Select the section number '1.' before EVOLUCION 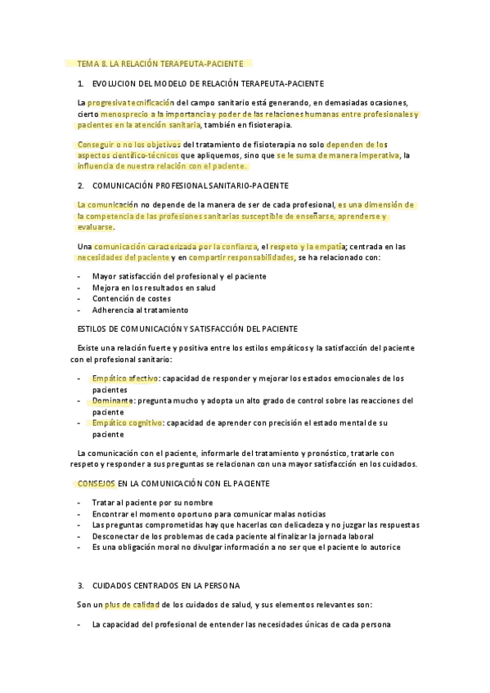pyautogui.click(x=80, y=83)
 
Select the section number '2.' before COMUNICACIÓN pyautogui.click(x=80, y=186)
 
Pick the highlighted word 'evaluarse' pyautogui.click(x=95, y=227)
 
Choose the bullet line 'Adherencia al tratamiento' pyautogui.click(x=140, y=310)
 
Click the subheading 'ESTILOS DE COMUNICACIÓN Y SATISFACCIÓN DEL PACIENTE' pyautogui.click(x=187, y=329)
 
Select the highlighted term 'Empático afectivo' pyautogui.click(x=124, y=378)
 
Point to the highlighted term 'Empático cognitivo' pyautogui.click(x=127, y=423)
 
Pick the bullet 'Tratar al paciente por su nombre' pyautogui.click(x=152, y=503)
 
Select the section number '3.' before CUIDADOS pyautogui.click(x=80, y=585)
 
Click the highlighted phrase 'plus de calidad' pyautogui.click(x=132, y=605)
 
